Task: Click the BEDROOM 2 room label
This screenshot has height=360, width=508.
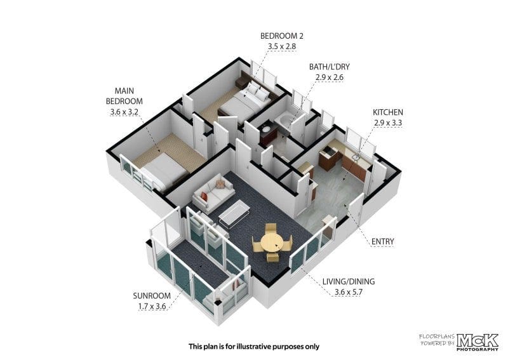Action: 282,36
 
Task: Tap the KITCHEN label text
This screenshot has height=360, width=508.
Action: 388,112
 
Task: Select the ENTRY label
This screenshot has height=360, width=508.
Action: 383,241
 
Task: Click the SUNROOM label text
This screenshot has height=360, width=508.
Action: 152,296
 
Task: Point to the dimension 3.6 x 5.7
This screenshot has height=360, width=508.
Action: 348,292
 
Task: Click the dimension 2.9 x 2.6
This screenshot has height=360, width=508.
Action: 329,77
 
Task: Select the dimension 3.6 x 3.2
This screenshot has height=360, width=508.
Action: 124,112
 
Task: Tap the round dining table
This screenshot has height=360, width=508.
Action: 272,242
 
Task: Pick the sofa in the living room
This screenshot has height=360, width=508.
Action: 213,194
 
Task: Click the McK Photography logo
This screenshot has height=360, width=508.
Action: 478,342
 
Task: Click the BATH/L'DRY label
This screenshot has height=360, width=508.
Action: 330,67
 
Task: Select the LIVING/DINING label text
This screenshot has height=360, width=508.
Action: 349,281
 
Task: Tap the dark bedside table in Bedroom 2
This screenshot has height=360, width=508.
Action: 241,83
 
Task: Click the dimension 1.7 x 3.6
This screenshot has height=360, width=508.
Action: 152,306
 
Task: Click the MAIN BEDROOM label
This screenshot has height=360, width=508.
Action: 124,96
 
